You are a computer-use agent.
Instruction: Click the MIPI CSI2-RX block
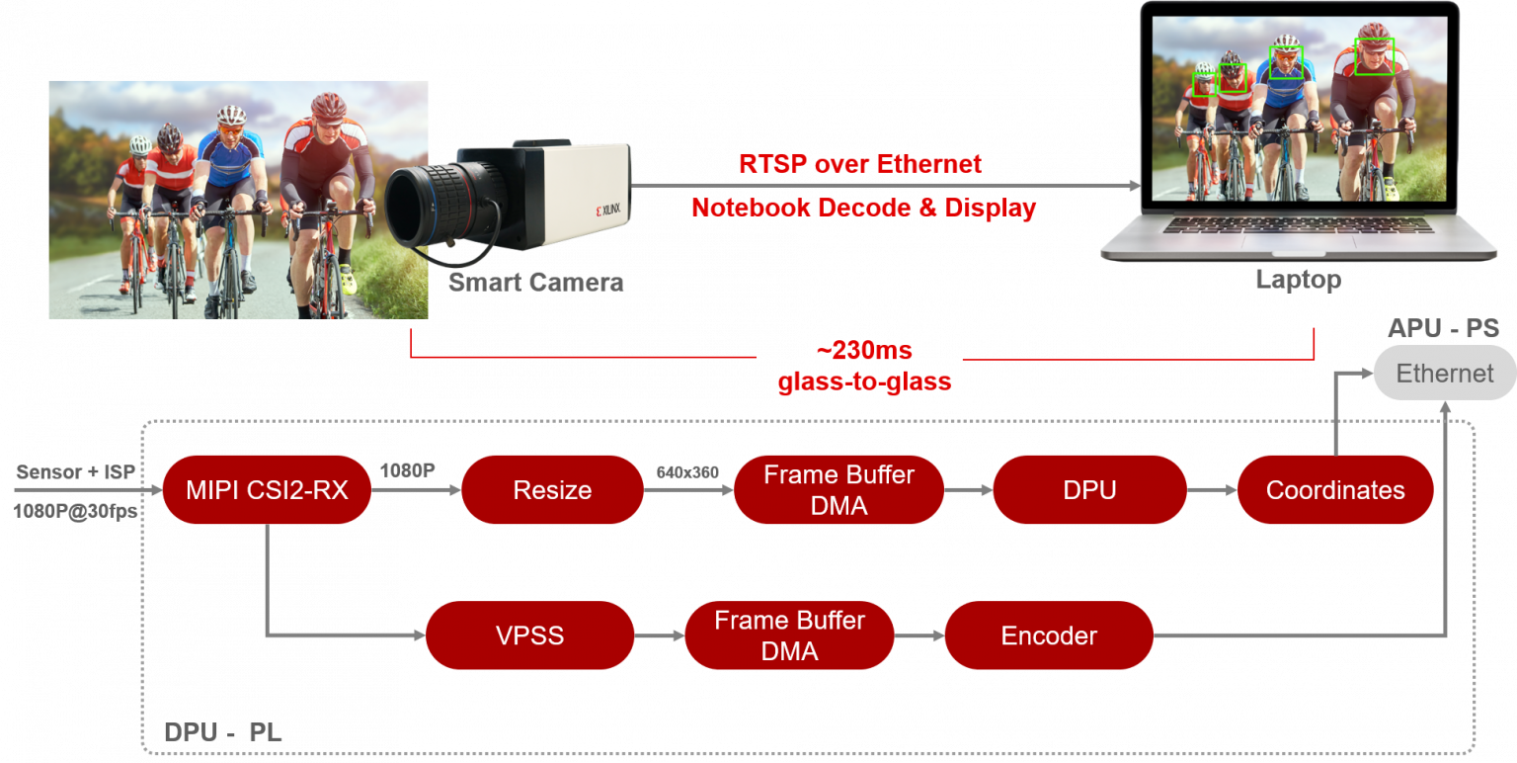coord(266,490)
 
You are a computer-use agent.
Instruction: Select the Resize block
coord(552,490)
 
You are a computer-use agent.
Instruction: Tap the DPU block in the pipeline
coord(1089,490)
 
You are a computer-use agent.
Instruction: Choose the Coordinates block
coord(1334,490)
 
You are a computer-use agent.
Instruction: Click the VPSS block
coord(529,636)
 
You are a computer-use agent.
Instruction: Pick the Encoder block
coord(1049,636)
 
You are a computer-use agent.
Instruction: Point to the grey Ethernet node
coord(1444,374)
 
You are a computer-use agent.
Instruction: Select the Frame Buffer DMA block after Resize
coord(838,490)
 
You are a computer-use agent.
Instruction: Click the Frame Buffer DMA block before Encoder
coord(789,636)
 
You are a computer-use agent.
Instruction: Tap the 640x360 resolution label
coord(687,472)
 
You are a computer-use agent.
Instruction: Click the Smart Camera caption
coord(535,284)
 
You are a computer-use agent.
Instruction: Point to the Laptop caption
coord(1298,281)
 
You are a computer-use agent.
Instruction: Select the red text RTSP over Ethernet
coord(860,164)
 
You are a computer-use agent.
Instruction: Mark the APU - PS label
coord(1443,329)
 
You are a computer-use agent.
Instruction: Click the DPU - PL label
coord(222,733)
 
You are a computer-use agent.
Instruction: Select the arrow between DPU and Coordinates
coord(1212,490)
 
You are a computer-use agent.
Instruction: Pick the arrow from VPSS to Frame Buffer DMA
coord(659,636)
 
